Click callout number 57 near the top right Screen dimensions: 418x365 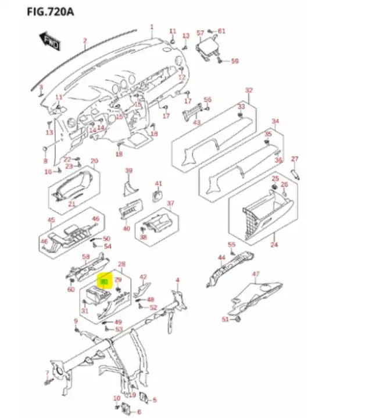point(200,33)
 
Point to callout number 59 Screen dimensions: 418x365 point(235,61)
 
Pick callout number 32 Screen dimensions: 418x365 point(249,90)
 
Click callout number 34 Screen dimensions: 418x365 point(275,122)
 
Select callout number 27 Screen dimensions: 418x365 point(294,159)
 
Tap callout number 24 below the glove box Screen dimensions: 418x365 point(274,245)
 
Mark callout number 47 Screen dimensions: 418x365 point(255,274)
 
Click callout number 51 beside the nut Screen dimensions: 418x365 point(226,320)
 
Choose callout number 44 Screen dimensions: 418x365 point(221,257)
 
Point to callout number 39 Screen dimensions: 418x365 point(129,171)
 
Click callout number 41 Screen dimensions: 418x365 point(158,184)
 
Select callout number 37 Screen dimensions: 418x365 point(170,203)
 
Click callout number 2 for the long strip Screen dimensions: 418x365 point(85,41)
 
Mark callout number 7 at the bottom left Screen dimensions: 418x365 point(47,373)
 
